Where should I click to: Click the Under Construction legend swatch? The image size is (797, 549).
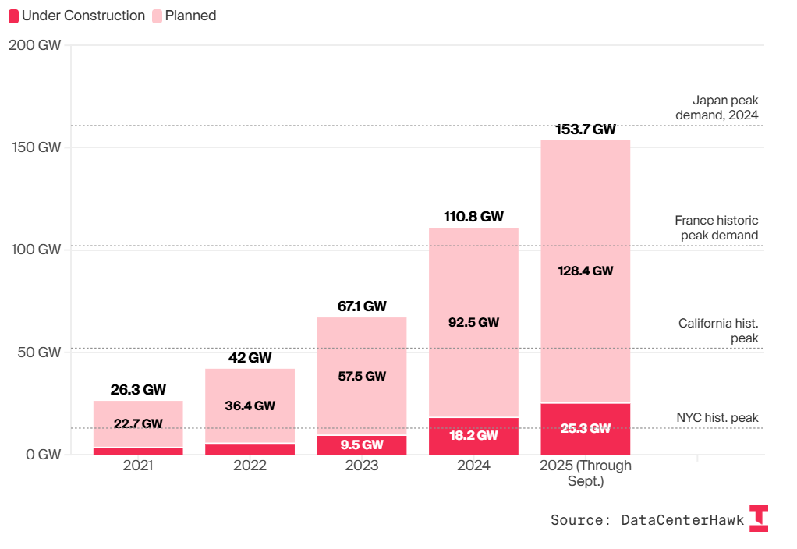(13, 16)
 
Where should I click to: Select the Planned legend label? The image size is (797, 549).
(190, 16)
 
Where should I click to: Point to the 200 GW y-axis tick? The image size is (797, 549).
(34, 45)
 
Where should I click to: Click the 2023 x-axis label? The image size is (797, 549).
(361, 466)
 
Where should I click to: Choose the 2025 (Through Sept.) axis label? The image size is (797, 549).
(585, 473)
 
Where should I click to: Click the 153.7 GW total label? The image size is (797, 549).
(585, 129)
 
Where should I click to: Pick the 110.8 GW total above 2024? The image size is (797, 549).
(473, 217)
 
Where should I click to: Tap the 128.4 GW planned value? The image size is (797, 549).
(585, 271)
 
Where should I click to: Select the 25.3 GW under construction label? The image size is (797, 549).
(585, 428)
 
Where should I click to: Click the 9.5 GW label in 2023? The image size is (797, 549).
(361, 445)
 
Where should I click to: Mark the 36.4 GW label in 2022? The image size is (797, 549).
(250, 406)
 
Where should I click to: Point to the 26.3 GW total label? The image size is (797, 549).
(138, 390)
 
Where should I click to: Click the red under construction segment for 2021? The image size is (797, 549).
(138, 451)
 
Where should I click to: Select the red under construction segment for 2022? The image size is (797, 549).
(250, 448)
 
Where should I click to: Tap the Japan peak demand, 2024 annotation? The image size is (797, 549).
(717, 108)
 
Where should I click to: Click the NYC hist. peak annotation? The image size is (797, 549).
(717, 418)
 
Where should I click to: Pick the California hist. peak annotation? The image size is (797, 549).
(718, 331)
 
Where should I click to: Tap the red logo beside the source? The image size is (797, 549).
(758, 518)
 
